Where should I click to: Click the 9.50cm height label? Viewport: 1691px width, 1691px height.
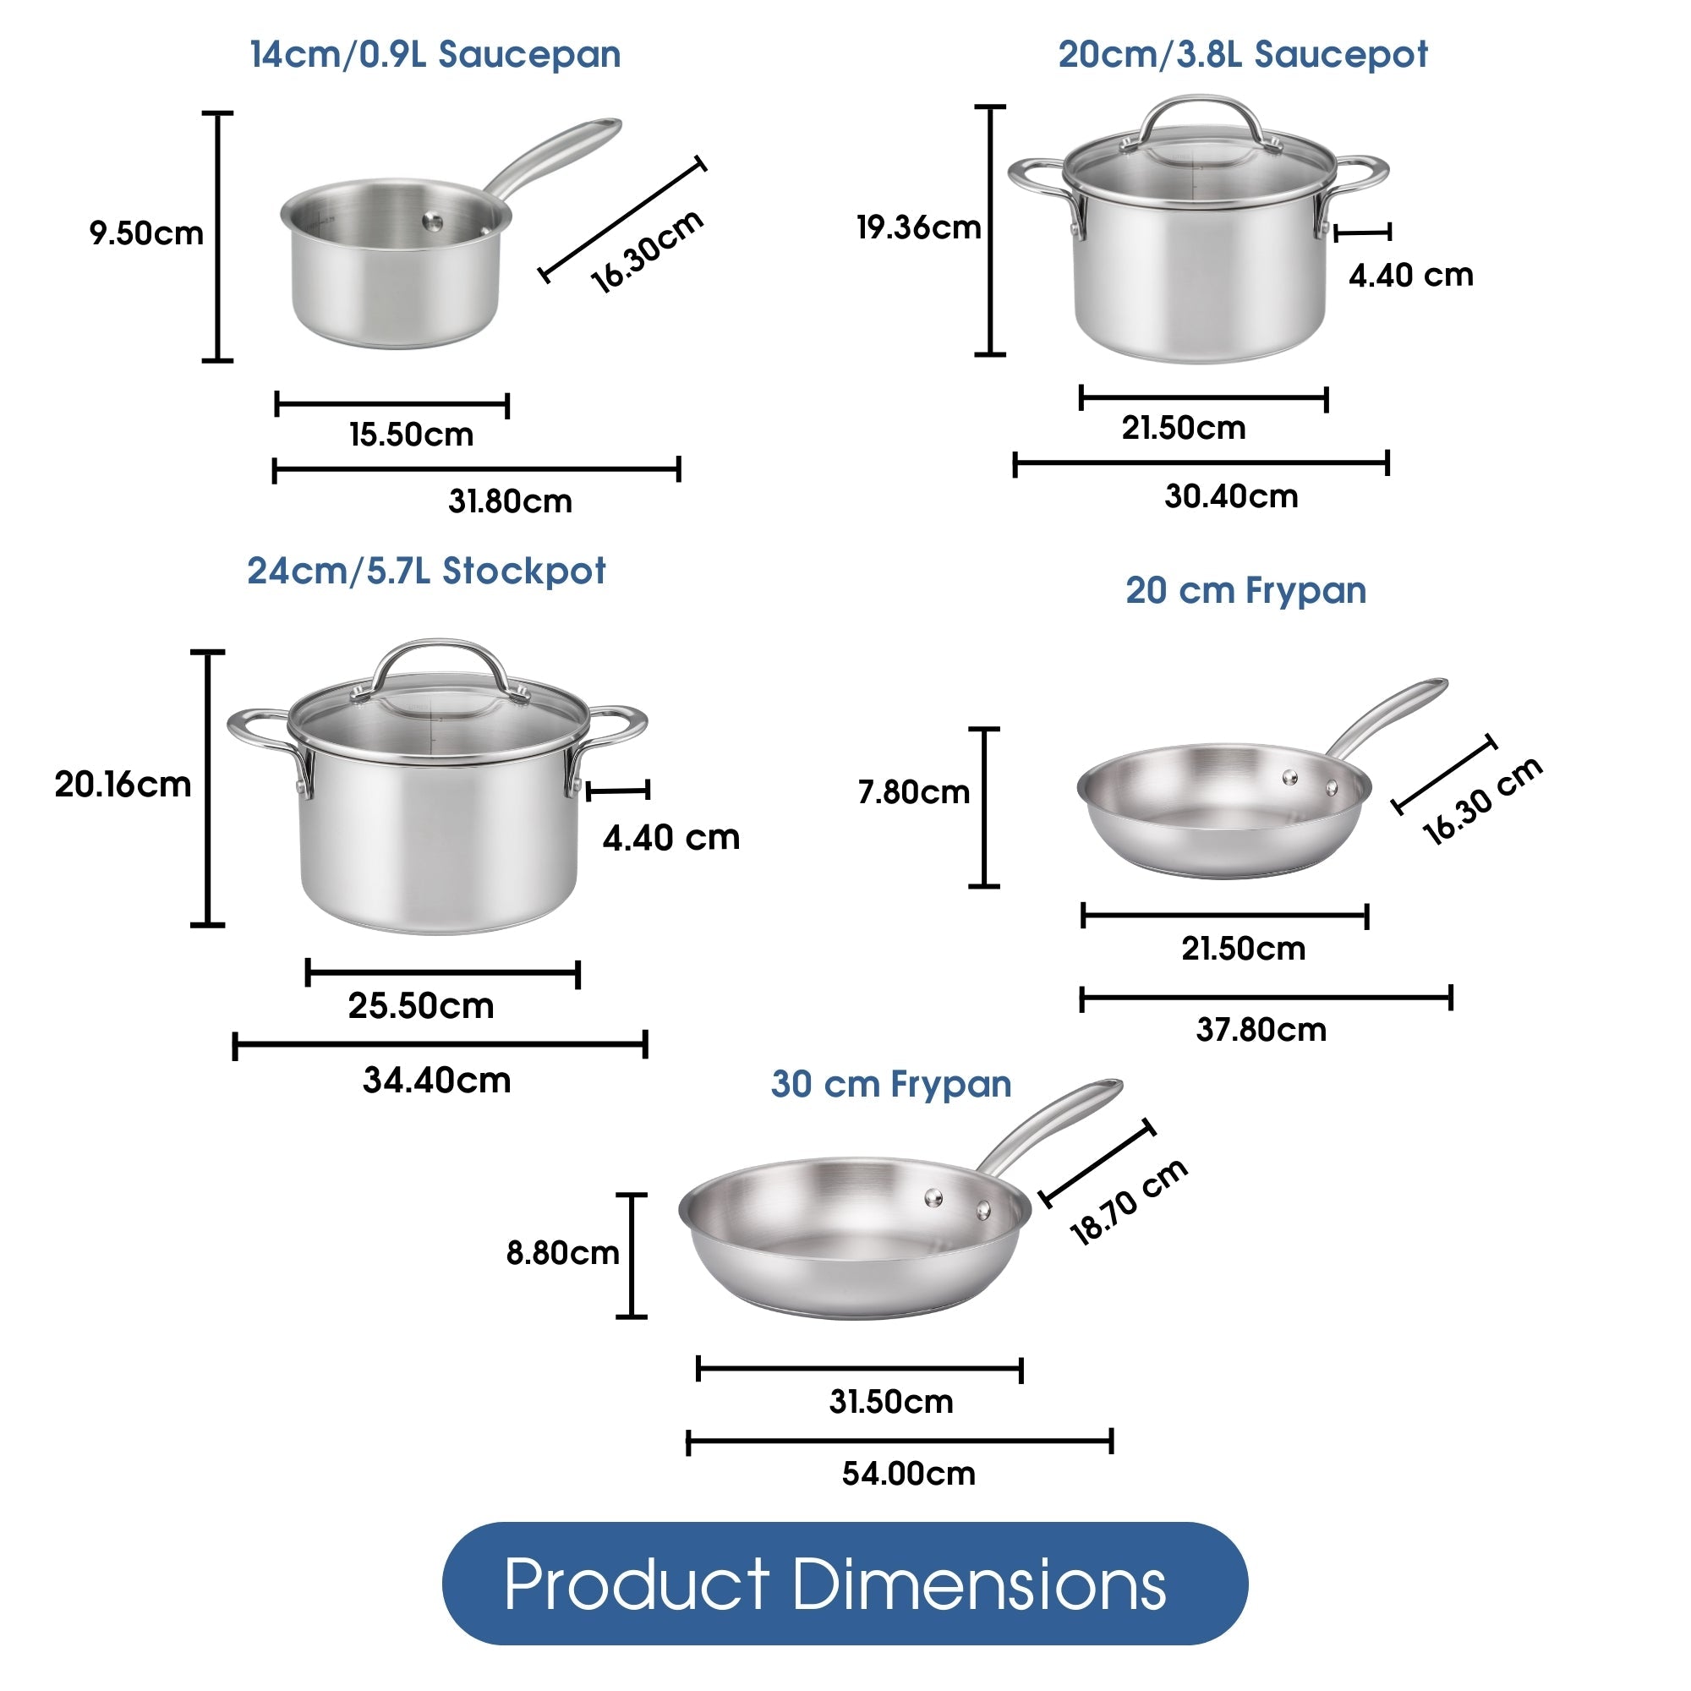[146, 233]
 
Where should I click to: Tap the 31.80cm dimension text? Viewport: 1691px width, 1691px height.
[511, 501]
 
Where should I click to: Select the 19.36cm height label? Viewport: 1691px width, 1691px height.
[918, 227]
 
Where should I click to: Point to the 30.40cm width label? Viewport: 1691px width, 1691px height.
[1230, 496]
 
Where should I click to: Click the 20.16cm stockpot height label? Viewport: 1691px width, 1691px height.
[123, 785]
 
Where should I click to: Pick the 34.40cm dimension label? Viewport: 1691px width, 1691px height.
[437, 1080]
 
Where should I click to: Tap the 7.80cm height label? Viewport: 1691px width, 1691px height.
[914, 792]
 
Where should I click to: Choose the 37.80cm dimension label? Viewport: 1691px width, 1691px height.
[1261, 1029]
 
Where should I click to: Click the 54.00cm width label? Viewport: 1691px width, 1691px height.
[909, 1473]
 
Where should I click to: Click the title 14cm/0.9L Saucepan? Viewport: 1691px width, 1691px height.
[435, 54]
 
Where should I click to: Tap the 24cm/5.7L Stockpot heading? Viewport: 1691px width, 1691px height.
[426, 571]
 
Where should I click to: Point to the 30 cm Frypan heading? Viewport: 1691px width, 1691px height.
[891, 1084]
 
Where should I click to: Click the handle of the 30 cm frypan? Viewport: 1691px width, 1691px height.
[1050, 1125]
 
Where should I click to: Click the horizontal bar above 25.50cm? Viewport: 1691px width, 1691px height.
[443, 972]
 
